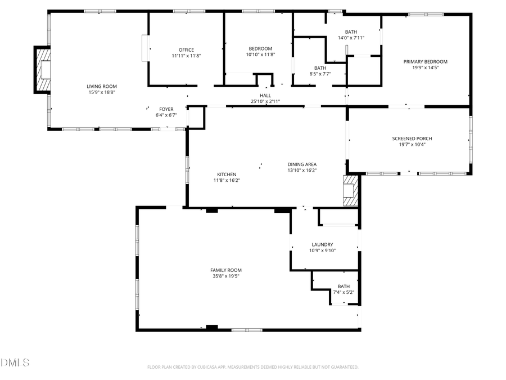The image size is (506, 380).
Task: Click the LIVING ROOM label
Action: tap(102, 86)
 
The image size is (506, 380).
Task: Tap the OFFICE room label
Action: tap(186, 50)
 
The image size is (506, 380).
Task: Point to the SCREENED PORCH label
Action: tap(412, 138)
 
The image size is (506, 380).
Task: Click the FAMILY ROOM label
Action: tap(226, 270)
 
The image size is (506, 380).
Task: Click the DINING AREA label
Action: tap(302, 164)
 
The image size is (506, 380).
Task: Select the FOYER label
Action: tap(166, 109)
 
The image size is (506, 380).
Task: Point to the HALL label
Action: tap(265, 96)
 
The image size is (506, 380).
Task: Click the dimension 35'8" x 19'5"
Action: tap(226, 276)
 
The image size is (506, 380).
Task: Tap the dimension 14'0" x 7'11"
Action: tap(351, 38)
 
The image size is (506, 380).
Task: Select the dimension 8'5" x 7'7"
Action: tap(319, 74)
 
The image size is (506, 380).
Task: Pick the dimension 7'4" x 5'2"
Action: tap(344, 292)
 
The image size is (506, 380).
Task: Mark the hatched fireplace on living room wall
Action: tap(43, 70)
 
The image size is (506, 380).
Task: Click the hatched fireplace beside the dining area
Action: tap(350, 191)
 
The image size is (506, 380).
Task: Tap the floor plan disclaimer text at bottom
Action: tap(252, 367)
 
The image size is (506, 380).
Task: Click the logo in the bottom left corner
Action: tap(15, 362)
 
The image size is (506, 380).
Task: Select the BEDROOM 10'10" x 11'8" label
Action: tap(260, 51)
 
